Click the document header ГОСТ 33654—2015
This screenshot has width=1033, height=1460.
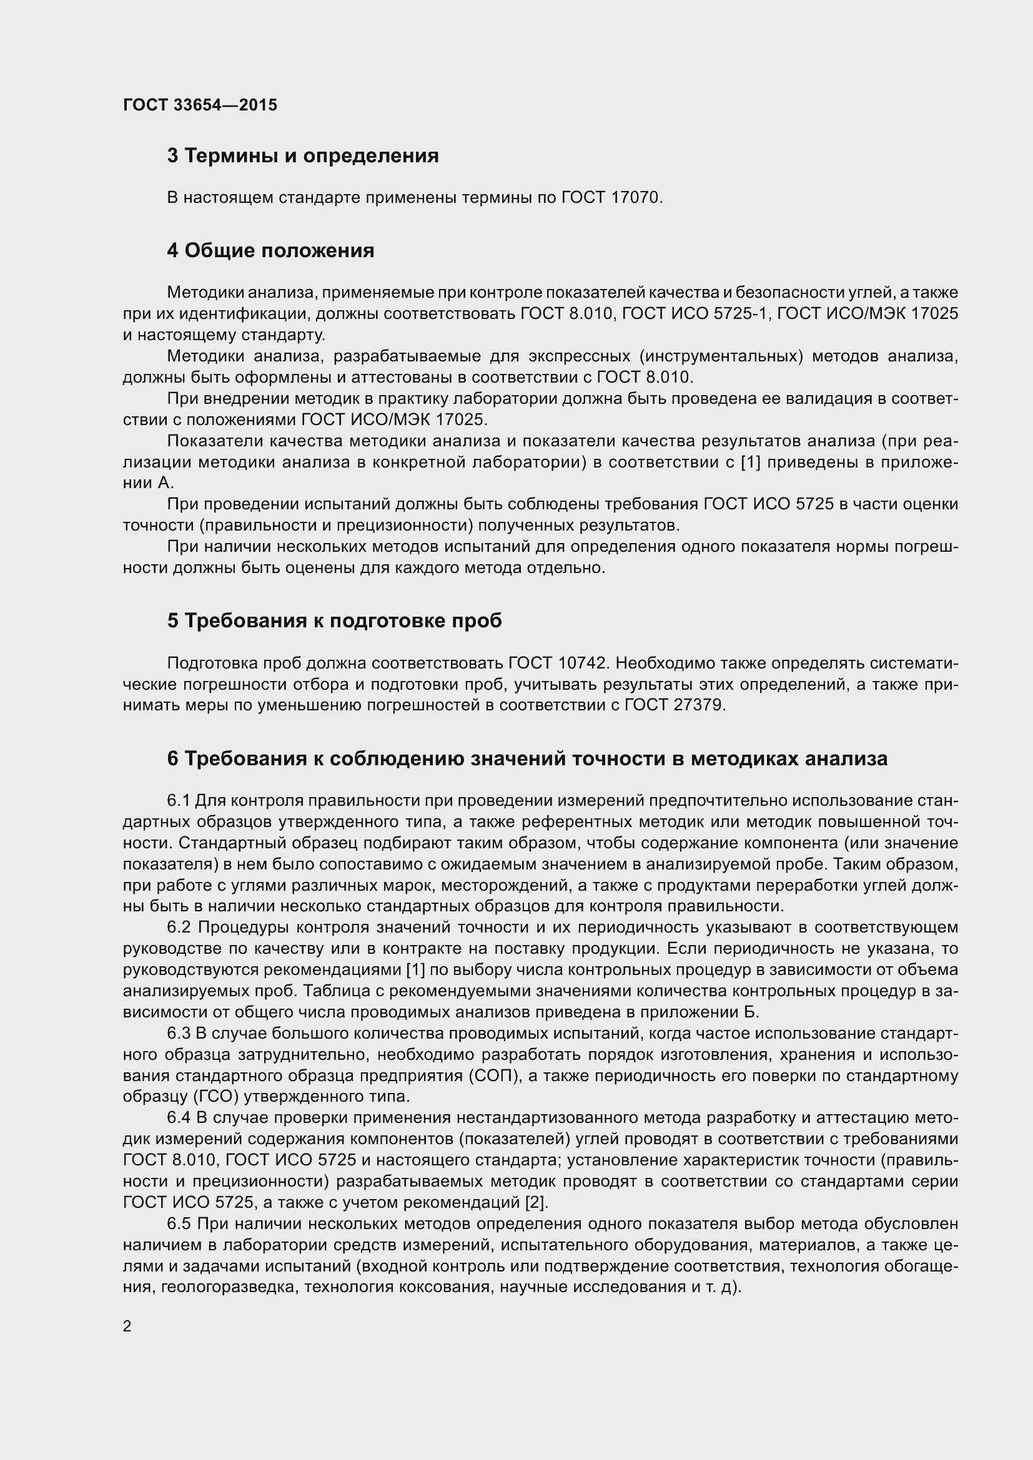point(200,105)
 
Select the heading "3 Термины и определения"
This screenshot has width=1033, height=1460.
point(303,156)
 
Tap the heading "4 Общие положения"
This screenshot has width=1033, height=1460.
point(270,250)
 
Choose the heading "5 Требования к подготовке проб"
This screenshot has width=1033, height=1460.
point(335,620)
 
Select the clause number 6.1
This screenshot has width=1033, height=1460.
point(178,801)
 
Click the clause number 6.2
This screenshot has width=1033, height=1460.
point(179,928)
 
